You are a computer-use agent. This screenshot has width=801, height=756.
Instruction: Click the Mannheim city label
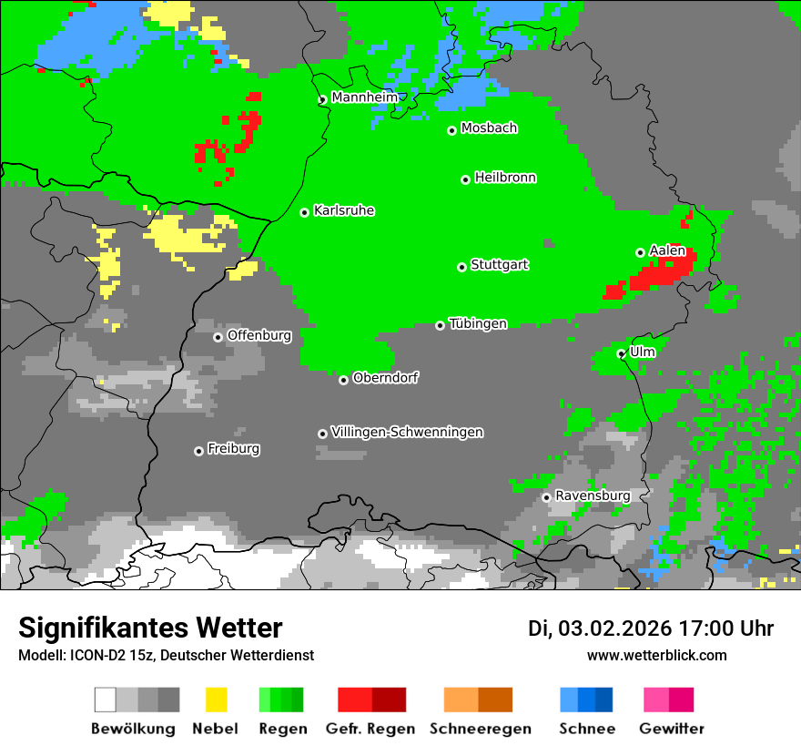click(364, 97)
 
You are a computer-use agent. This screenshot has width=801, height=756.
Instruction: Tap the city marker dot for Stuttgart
click(461, 267)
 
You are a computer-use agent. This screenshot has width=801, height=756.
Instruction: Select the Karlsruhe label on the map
click(343, 210)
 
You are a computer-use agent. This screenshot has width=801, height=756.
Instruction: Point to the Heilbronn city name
click(505, 178)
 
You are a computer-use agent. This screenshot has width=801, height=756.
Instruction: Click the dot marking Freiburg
click(198, 451)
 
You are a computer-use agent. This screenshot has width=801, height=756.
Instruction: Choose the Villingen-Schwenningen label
click(407, 432)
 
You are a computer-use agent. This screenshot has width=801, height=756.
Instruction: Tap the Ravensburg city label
click(593, 495)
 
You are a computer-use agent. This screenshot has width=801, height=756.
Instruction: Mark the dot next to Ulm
click(621, 353)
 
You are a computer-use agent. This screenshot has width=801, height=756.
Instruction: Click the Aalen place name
click(667, 250)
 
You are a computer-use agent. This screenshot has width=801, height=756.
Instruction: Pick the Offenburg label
click(259, 335)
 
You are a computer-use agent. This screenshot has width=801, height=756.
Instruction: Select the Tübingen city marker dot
click(441, 325)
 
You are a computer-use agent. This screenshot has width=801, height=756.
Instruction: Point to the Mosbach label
click(489, 128)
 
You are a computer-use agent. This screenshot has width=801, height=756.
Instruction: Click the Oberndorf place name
click(385, 378)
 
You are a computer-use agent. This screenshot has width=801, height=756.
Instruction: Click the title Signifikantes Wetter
click(150, 628)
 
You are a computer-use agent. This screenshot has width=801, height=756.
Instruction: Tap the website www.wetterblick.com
click(656, 655)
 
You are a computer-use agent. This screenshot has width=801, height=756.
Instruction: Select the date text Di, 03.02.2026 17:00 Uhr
click(651, 628)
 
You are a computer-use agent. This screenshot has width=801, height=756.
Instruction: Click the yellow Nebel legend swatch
click(216, 700)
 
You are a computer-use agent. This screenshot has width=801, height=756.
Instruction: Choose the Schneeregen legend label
click(480, 729)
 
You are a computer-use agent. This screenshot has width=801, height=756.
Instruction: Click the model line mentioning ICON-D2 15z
click(166, 655)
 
